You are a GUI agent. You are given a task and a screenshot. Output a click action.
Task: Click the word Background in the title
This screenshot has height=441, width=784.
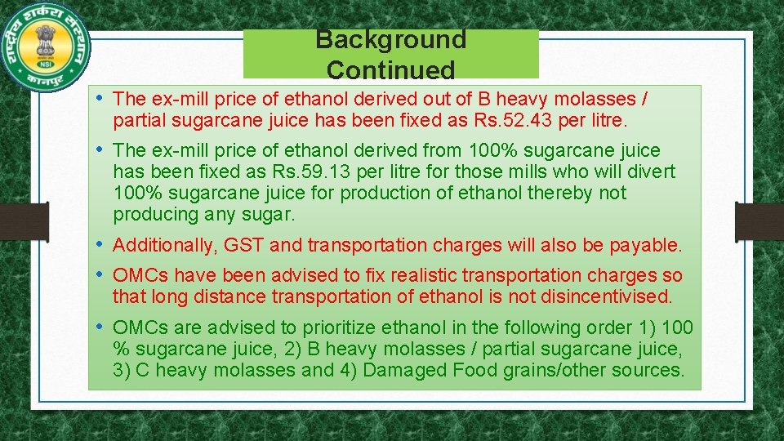(x=390, y=39)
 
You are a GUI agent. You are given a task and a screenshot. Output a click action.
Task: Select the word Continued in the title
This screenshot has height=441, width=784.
(x=390, y=70)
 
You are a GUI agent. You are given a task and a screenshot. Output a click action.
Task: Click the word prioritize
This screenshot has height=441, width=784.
(x=347, y=327)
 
